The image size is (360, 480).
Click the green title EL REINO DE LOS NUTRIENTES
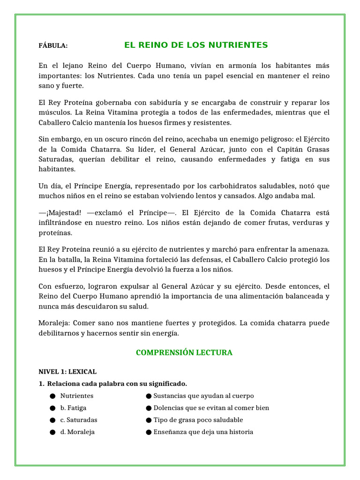tap(196, 45)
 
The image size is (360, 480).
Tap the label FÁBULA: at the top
tap(53, 45)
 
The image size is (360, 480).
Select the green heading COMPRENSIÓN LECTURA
tap(184, 352)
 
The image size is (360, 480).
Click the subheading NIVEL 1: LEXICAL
tap(67, 372)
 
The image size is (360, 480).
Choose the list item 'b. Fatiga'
tap(73, 408)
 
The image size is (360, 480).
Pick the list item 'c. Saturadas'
tap(79, 420)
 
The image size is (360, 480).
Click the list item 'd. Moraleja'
tap(77, 432)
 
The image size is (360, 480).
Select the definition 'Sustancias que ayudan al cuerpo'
tap(203, 396)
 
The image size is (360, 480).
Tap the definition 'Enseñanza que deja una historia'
tap(203, 432)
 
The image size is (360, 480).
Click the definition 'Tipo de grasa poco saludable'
tap(198, 420)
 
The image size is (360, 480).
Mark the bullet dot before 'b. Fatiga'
tap(52, 408)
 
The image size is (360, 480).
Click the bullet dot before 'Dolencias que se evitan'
tap(149, 408)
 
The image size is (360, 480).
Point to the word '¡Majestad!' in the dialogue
tap(60, 212)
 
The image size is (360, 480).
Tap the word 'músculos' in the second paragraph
tap(52, 112)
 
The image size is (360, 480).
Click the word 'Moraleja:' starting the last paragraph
tap(54, 323)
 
